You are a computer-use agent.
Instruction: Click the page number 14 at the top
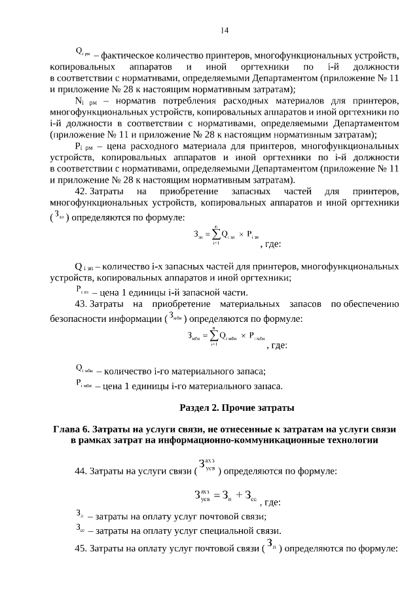click(225, 30)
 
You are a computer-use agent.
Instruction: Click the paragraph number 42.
click(82, 191)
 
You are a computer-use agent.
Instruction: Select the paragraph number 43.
click(82, 304)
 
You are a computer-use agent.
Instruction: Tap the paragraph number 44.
click(82, 471)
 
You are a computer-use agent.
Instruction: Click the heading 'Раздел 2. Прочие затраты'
click(236, 408)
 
